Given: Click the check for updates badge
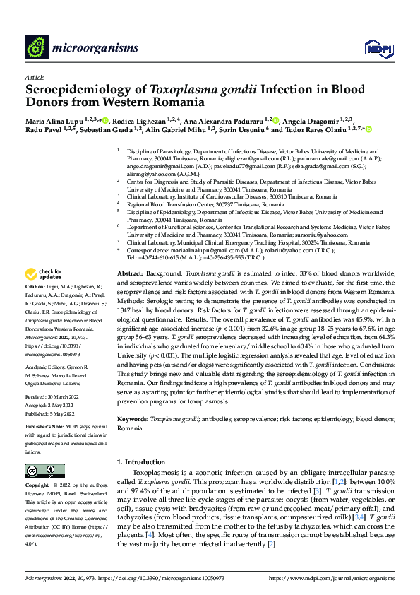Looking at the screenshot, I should pyautogui.click(x=44, y=274).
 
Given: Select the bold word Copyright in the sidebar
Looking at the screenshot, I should pyautogui.click(x=39, y=486).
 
